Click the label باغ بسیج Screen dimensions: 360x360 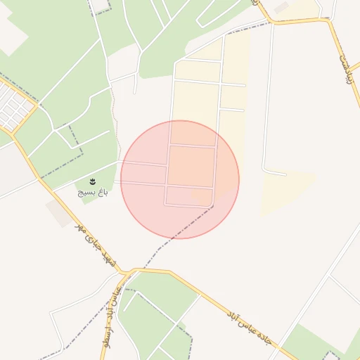point(93,191)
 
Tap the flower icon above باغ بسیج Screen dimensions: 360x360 point(93,182)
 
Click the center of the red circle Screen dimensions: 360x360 point(180,179)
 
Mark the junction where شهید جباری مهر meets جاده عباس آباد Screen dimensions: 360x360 point(127,271)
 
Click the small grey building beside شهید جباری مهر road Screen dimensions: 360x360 point(59,213)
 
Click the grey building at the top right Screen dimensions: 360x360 point(281,8)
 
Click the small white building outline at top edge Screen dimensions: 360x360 point(100,6)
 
